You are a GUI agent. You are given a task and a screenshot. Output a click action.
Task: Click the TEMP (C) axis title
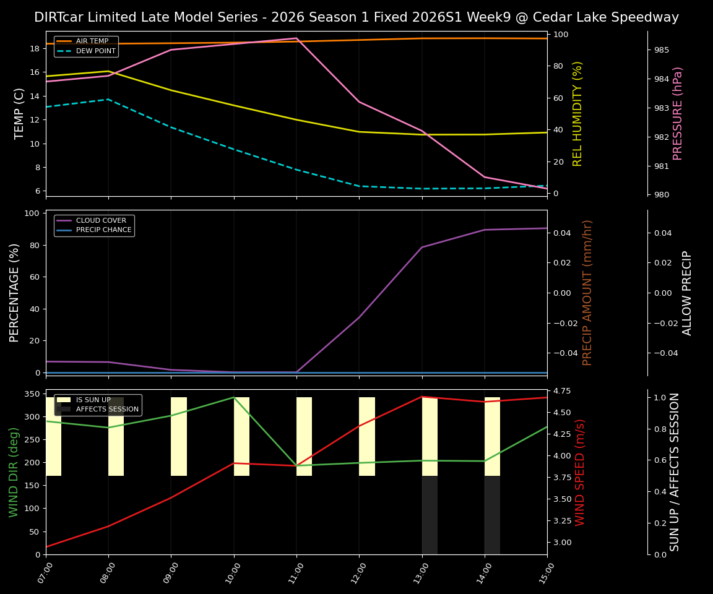(20, 113)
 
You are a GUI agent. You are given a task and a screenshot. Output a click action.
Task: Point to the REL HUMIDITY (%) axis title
(577, 113)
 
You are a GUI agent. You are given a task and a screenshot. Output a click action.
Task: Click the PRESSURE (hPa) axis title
(678, 113)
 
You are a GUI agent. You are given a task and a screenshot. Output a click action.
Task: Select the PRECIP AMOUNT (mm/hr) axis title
(587, 292)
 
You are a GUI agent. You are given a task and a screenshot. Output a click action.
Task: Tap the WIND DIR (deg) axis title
(14, 471)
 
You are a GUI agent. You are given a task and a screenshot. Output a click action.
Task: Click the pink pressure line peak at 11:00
(296, 38)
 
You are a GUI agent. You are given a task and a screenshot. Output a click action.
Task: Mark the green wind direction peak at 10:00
(234, 397)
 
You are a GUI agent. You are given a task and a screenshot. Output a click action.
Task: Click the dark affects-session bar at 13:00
(430, 515)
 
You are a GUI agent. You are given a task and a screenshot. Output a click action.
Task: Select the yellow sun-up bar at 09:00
(179, 436)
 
